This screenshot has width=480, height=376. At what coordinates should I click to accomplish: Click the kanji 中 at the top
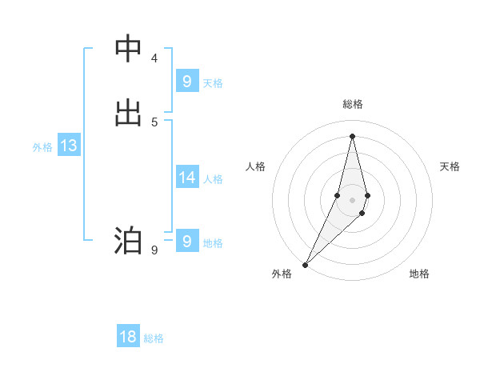(128, 49)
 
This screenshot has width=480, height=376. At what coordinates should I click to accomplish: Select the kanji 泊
(128, 240)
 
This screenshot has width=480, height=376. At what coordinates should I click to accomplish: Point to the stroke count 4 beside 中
(154, 58)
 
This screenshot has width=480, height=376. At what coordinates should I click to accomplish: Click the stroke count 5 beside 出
(154, 122)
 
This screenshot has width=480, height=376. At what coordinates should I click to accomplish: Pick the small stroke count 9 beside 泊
(154, 250)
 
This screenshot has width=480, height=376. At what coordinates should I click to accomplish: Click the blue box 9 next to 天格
(186, 81)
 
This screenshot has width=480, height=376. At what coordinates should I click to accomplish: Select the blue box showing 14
(186, 177)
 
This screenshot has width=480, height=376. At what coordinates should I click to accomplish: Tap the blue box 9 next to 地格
(186, 241)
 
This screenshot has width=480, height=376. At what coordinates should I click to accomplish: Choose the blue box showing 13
(68, 146)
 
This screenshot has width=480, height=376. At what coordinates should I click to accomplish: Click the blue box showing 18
(128, 337)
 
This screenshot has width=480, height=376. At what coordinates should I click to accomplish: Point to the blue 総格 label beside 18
(154, 338)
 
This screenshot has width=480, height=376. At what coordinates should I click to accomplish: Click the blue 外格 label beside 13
(42, 147)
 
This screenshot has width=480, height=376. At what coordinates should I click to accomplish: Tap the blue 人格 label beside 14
(213, 178)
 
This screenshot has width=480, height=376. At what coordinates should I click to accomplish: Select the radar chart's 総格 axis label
(352, 105)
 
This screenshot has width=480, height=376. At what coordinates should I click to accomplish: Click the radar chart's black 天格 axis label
(450, 166)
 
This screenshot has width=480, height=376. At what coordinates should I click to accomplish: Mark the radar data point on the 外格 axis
(305, 264)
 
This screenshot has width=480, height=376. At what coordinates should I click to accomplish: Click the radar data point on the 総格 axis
(352, 134)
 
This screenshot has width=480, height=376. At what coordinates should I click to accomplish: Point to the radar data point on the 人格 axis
(338, 195)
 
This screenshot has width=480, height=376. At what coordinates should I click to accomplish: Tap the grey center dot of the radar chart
(352, 200)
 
